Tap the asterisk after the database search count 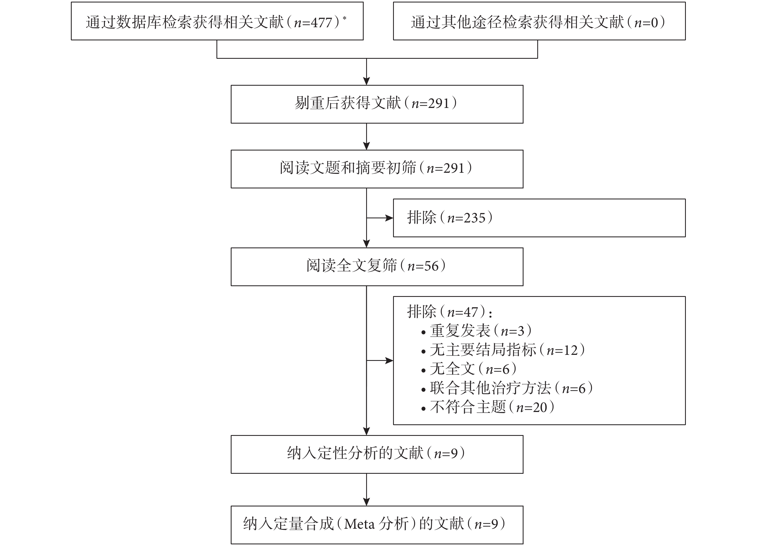coord(344,18)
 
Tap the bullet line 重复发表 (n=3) coord(476,331)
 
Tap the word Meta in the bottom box coord(359,524)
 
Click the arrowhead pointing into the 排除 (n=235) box coord(389,218)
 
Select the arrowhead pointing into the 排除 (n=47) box coord(389,360)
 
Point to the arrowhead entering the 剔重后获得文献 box coord(366,81)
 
